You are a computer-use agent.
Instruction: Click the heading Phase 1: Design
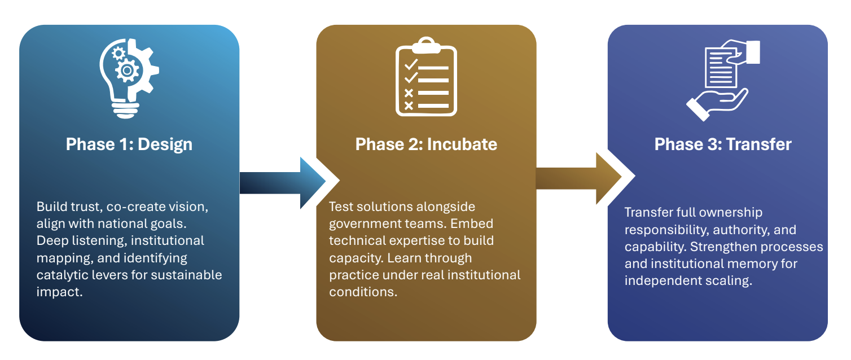click(x=129, y=144)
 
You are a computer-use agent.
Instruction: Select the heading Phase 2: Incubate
click(x=426, y=144)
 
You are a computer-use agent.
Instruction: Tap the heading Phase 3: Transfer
click(x=723, y=144)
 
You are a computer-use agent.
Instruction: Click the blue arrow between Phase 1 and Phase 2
click(x=282, y=182)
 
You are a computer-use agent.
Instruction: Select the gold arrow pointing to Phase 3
click(x=578, y=178)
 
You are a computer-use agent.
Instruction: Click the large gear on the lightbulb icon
click(x=128, y=71)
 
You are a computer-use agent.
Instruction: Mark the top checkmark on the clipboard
click(x=410, y=63)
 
